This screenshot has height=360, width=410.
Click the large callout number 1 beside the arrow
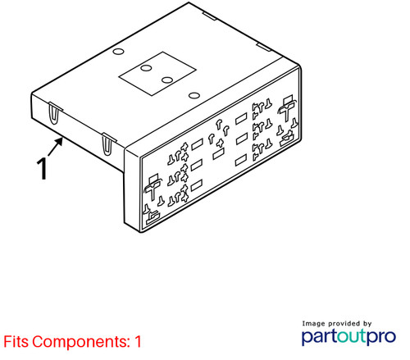point(43,168)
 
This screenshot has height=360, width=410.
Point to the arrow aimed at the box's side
point(56,147)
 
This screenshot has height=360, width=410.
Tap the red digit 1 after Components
point(138,341)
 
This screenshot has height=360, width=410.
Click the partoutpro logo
point(348,337)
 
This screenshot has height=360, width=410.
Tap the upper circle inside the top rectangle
point(146,67)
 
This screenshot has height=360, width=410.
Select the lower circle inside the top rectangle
point(167,80)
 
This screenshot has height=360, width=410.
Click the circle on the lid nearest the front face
point(194,95)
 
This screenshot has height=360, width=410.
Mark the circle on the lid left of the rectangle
point(119,52)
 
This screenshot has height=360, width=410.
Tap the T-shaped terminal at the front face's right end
point(286,107)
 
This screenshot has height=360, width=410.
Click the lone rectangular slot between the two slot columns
point(218,154)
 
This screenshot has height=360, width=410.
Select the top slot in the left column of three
point(197,144)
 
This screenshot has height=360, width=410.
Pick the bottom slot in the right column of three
point(241,160)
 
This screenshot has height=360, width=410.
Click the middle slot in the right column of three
point(242,139)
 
